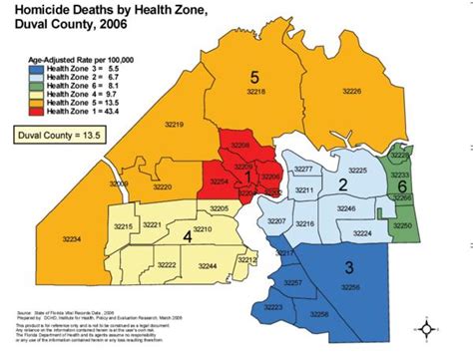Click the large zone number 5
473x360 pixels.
point(253,78)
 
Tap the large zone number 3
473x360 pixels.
point(349,266)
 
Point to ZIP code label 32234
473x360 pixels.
point(71,238)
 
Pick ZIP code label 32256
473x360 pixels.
point(349,286)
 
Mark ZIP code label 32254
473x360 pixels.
point(221,183)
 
